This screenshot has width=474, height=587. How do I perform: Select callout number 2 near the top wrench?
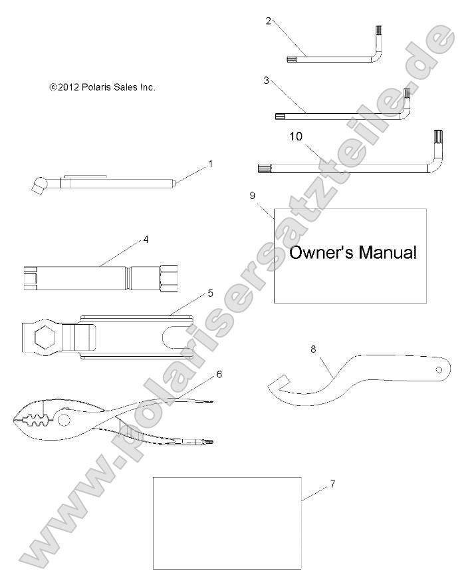click(x=268, y=20)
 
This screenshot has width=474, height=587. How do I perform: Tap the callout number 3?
click(x=266, y=80)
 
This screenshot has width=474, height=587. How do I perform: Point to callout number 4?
click(x=145, y=240)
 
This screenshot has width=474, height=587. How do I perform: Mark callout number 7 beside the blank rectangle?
click(x=332, y=484)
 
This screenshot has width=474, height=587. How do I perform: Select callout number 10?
click(x=296, y=136)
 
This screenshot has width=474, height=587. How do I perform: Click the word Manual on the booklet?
click(x=388, y=252)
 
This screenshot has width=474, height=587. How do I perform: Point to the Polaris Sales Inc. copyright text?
click(x=102, y=87)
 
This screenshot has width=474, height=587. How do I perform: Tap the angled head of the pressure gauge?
click(x=37, y=183)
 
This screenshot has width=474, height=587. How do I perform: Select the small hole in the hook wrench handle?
click(x=439, y=369)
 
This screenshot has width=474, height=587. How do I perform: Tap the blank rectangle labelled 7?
click(x=227, y=522)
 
